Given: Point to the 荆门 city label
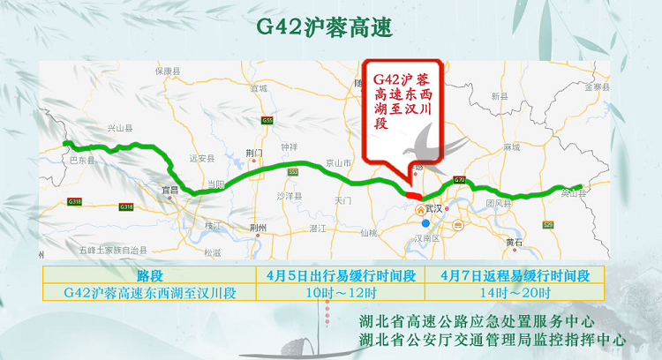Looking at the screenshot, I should point(255,153).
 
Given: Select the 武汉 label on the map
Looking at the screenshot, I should point(433,209).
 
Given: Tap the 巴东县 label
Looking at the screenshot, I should point(82,161).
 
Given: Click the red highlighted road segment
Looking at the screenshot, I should point(411,194).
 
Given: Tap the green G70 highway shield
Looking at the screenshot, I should point(459,180).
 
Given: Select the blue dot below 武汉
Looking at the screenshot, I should point(425,223).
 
